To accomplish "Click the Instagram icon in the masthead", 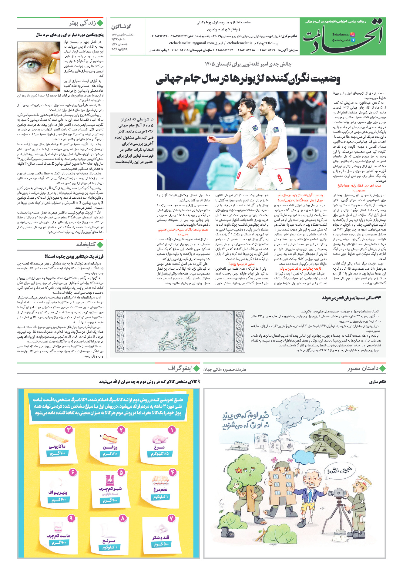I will point(352,35).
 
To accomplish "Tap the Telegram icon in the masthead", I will point(352,40).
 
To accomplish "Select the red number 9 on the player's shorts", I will point(279,177).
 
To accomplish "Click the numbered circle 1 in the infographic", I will point(172,430).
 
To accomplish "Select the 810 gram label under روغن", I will point(110,454).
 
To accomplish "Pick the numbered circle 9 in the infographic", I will point(71,518).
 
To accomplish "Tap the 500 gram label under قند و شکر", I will point(161,544).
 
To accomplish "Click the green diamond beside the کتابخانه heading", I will point(100,244).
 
